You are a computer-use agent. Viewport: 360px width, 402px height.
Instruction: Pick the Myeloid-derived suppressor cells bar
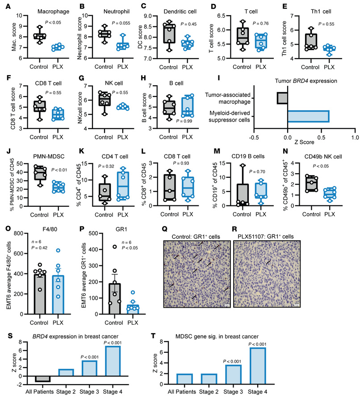click(308, 116)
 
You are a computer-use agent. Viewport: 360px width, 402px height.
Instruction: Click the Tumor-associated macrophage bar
click(282, 98)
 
